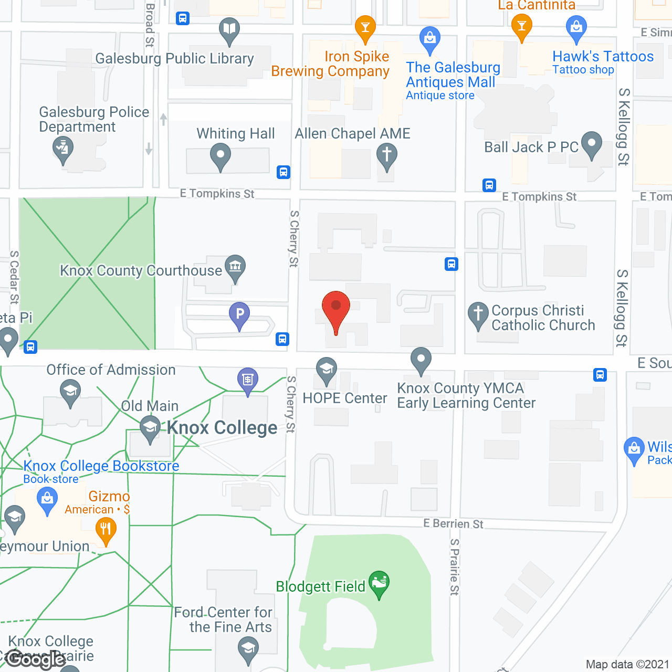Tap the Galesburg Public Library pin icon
tap(229, 30)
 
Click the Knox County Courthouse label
tap(141, 270)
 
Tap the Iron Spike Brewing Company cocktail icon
tap(365, 27)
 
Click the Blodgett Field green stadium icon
tap(379, 583)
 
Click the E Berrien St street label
tap(454, 523)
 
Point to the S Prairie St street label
tap(455, 567)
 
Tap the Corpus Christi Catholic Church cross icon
tap(478, 314)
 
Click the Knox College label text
tap(222, 428)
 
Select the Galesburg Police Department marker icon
tap(63, 149)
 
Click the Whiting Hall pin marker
tap(220, 156)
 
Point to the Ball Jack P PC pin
tap(592, 144)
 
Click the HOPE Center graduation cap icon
tap(326, 370)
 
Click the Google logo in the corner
tap(36, 659)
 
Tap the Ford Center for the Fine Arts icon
tap(248, 649)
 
